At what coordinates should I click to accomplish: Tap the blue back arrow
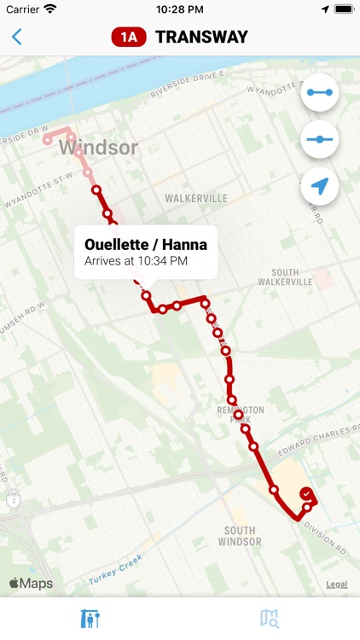coord(17,37)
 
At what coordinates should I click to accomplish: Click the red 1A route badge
coord(129,37)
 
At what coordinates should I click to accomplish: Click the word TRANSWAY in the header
coord(201,37)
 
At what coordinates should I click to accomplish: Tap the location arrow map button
coord(320,186)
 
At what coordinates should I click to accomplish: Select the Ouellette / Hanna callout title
coord(146,245)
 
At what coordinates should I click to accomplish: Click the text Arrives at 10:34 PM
coord(136,261)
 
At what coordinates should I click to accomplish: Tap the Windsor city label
coord(98,148)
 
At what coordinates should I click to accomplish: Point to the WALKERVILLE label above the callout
coord(196,198)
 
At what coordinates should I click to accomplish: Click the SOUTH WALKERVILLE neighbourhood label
coord(285,276)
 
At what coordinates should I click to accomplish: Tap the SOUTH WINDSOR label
coord(239,536)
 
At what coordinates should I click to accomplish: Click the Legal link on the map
coord(336,585)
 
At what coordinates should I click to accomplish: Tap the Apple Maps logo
coord(31,584)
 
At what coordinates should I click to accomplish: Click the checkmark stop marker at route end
coord(306,493)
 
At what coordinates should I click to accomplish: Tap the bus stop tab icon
coord(90,618)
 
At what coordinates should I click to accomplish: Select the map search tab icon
coord(270,618)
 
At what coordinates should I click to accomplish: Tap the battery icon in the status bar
coord(344,9)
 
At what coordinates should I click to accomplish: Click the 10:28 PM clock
coord(179,9)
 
